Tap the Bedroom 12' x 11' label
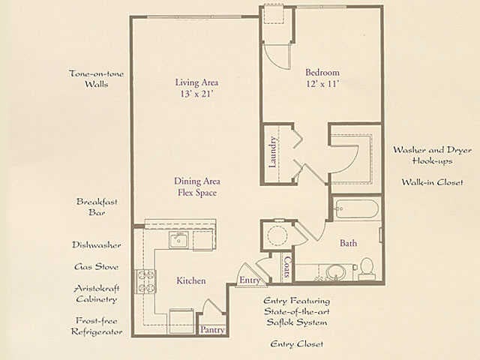point(322,78)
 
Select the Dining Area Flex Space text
point(197,187)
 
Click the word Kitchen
point(191,280)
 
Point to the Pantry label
point(212,330)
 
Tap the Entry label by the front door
point(250,280)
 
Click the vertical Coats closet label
point(287,267)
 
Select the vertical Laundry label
point(273,152)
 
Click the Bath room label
point(348,243)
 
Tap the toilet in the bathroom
point(366,268)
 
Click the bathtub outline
point(355,209)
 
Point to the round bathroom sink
point(335,271)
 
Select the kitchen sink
point(178,240)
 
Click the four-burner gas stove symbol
point(145,282)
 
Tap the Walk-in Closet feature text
point(432,182)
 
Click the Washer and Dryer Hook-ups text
point(432,155)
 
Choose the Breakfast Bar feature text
point(97,207)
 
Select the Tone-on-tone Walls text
point(97,79)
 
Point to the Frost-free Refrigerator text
point(97,326)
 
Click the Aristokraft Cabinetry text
point(97,293)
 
